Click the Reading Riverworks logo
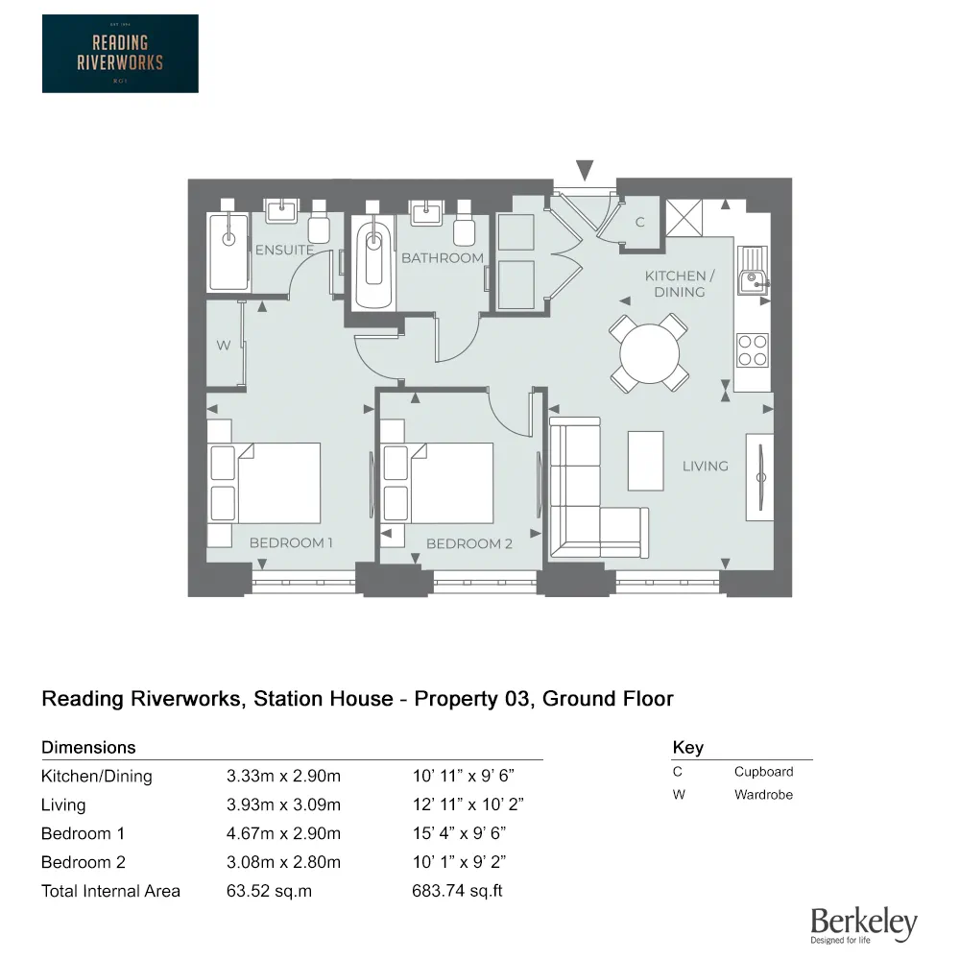click(x=120, y=54)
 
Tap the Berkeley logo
click(x=863, y=924)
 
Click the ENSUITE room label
click(x=284, y=250)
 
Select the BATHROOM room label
click(x=442, y=258)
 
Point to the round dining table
click(x=650, y=354)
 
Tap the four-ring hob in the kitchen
click(x=752, y=349)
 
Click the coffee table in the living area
click(x=645, y=461)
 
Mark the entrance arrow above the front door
click(x=585, y=170)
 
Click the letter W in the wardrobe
click(x=223, y=346)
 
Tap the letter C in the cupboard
click(x=640, y=223)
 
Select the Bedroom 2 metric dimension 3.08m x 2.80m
click(x=283, y=862)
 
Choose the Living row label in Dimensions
click(x=63, y=804)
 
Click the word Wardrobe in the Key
click(x=763, y=795)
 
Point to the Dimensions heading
click(x=88, y=747)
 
